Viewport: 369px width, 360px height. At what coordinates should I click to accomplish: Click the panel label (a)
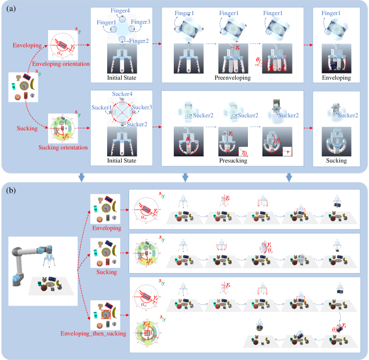(12, 8)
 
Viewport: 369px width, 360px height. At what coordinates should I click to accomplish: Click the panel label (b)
(12, 189)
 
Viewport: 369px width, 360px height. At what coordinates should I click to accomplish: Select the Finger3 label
(143, 22)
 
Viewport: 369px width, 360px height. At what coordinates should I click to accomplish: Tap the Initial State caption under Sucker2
(122, 160)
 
